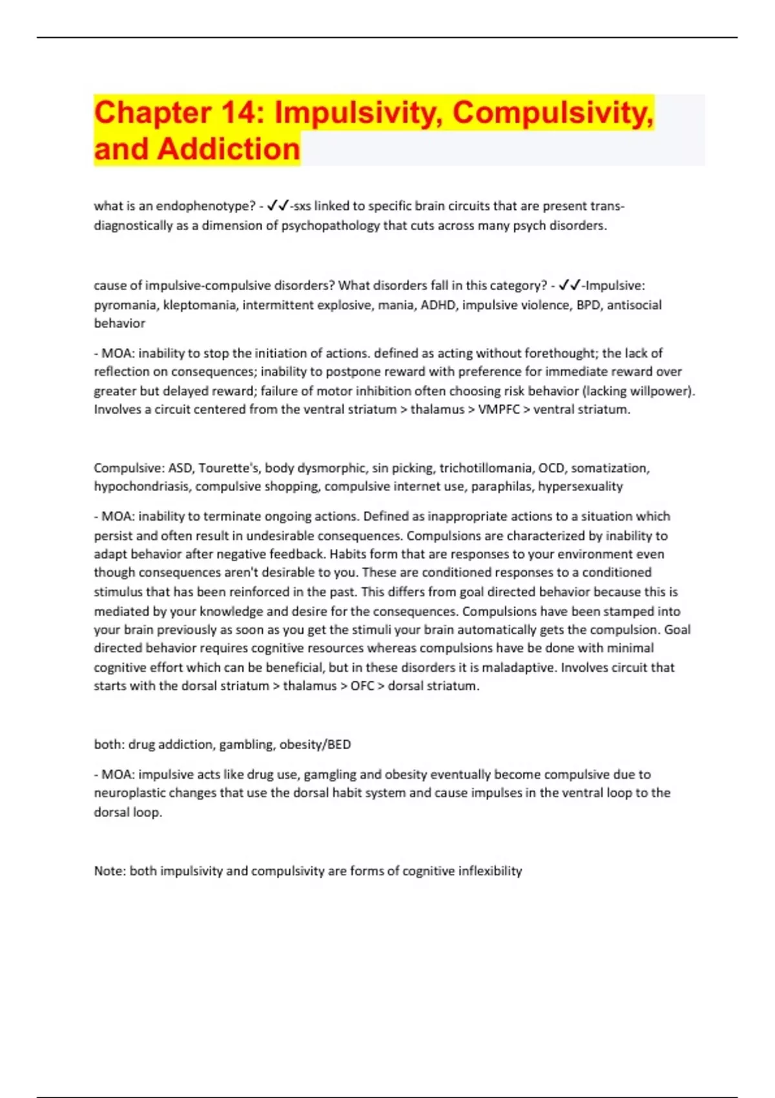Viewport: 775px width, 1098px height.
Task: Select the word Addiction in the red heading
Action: (x=229, y=149)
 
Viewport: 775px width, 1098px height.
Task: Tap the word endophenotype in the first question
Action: (x=206, y=206)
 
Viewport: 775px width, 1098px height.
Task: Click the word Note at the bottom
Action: (x=108, y=871)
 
